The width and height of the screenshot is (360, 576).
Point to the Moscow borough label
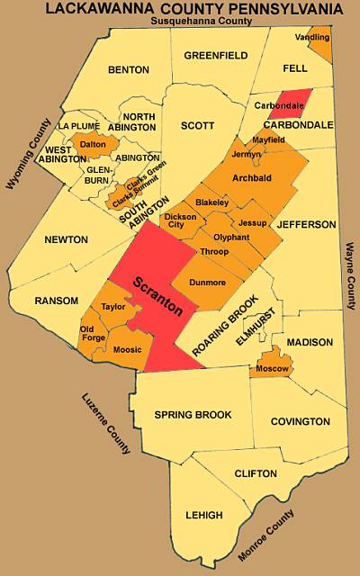(x=272, y=369)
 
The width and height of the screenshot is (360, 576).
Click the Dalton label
(x=93, y=144)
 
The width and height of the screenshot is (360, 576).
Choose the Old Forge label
(x=93, y=334)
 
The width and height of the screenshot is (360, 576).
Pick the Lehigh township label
(x=203, y=515)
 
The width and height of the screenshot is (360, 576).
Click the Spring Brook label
(x=193, y=415)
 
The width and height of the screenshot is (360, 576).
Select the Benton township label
(x=128, y=69)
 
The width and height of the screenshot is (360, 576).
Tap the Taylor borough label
(x=113, y=307)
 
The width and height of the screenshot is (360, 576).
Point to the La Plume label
(x=77, y=125)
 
